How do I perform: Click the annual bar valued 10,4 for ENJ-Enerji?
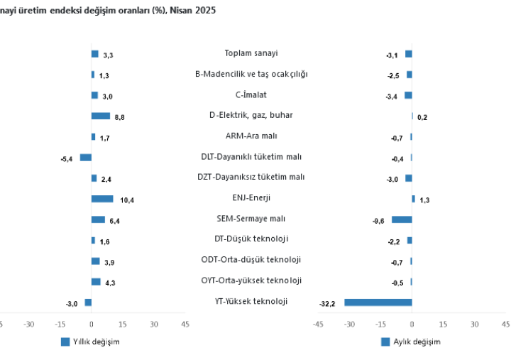(x=102, y=199)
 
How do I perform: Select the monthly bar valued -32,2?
(x=378, y=302)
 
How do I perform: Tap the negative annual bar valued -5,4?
(x=85, y=158)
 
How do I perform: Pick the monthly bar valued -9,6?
(x=402, y=220)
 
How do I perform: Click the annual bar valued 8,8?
(x=101, y=116)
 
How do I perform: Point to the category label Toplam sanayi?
(x=251, y=53)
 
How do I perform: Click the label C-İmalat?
(x=251, y=94)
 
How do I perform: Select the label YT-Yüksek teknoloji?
(x=251, y=302)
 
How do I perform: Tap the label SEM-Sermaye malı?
(x=251, y=219)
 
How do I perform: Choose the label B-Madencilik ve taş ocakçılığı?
(x=251, y=74)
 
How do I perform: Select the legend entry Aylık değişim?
(x=416, y=342)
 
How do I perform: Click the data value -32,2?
(x=327, y=305)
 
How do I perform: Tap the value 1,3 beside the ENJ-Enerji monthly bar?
(x=424, y=201)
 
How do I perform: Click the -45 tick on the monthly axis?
(x=318, y=324)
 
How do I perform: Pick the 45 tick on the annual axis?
(x=185, y=324)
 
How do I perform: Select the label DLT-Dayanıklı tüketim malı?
(x=251, y=157)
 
